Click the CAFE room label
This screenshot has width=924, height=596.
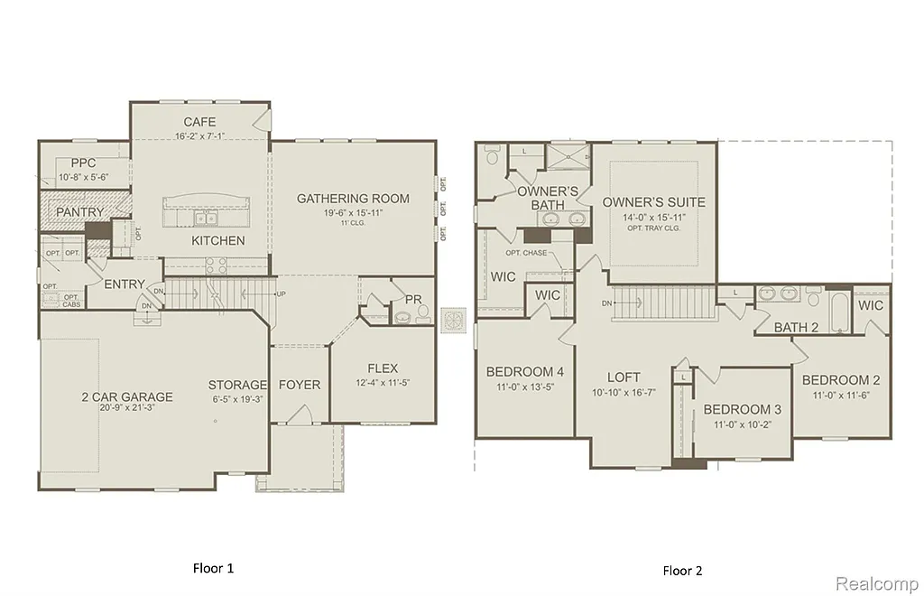(x=199, y=122)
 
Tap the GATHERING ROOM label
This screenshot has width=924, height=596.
(x=353, y=199)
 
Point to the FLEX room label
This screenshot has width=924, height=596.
(x=383, y=368)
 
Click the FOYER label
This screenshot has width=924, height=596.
(x=300, y=385)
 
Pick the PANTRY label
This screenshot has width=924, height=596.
(x=79, y=212)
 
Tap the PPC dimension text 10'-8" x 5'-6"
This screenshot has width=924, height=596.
(x=83, y=177)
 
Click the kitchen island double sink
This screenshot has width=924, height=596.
(x=205, y=219)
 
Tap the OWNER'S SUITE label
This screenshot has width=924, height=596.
(x=654, y=202)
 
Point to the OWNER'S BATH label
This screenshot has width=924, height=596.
(x=548, y=198)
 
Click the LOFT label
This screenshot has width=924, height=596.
(x=623, y=377)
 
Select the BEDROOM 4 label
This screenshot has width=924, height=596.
(x=524, y=371)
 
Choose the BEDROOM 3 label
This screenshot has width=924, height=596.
(x=742, y=409)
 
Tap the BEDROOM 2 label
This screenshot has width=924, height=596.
(x=841, y=380)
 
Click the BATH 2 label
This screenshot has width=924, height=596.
(x=796, y=327)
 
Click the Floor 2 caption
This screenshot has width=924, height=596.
(x=682, y=570)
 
